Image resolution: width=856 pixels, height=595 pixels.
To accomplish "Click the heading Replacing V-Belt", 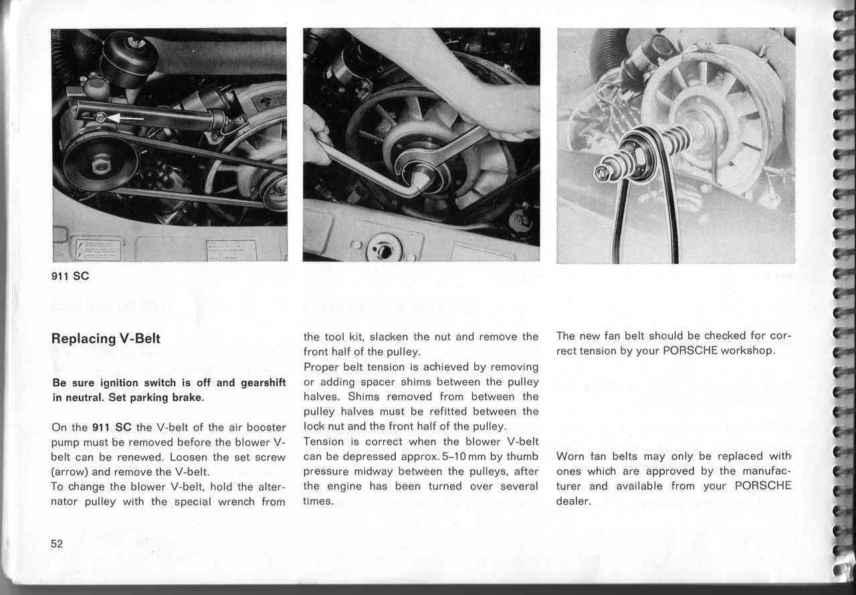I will click(x=106, y=339).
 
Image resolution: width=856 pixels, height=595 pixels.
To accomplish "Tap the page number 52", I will click(x=57, y=543).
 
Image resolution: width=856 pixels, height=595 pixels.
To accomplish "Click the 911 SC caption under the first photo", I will click(x=70, y=276).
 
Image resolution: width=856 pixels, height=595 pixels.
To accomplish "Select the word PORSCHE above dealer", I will click(x=763, y=486).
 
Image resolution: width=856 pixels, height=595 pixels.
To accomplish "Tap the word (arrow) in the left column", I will click(x=70, y=471).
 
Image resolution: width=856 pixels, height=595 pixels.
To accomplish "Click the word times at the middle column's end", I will click(x=318, y=501).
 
